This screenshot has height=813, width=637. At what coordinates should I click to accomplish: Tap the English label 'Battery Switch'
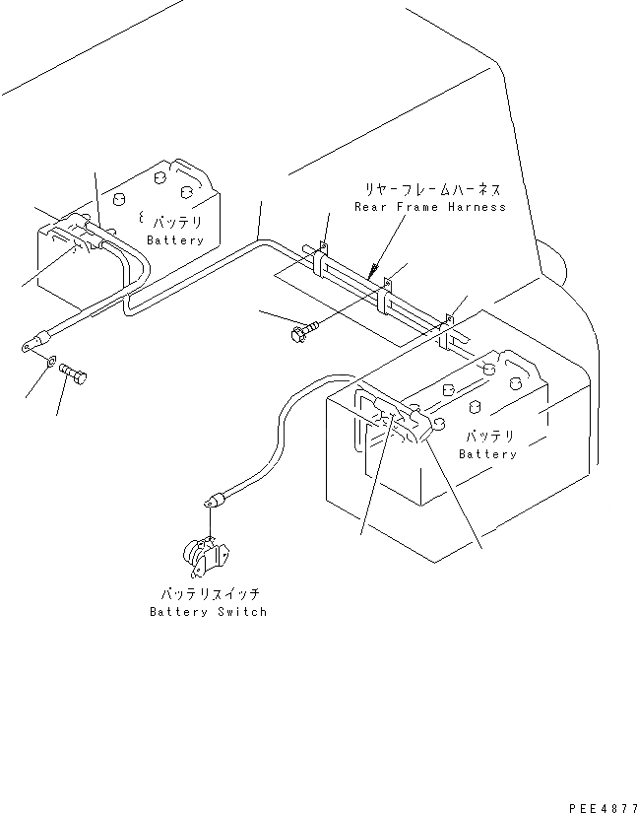208,612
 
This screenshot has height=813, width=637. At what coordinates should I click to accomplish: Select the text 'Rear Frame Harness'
430,207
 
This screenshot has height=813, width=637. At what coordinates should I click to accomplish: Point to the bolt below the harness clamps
301,332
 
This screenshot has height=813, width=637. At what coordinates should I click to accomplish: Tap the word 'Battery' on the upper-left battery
175,240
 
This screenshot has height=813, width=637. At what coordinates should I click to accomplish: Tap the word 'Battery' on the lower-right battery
487,454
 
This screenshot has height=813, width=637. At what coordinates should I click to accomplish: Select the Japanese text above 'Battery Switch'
209,595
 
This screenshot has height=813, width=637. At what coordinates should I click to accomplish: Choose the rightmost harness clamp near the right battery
449,328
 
